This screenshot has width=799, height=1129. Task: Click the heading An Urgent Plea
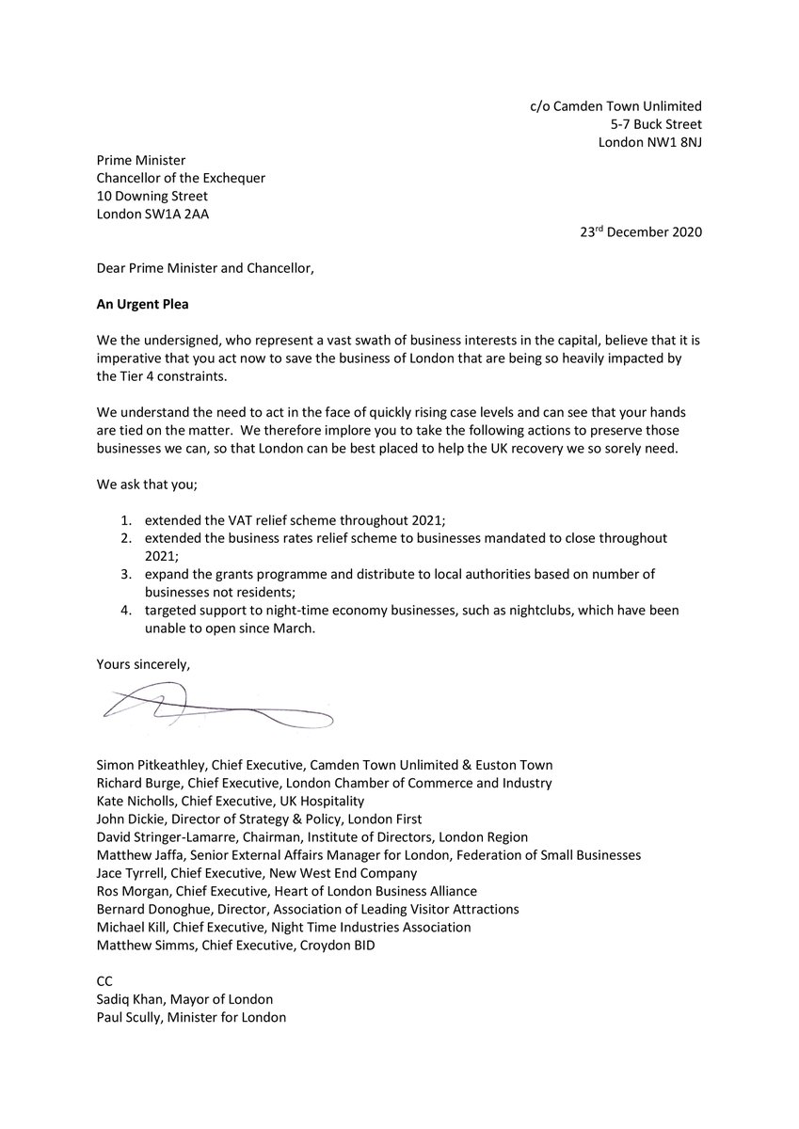[x=144, y=303]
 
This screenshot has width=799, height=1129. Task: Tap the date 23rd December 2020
[x=640, y=231]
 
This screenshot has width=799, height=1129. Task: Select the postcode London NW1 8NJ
[x=650, y=143]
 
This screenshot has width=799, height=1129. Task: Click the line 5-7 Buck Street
[x=655, y=124]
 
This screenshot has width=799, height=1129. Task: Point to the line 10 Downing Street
[x=152, y=196]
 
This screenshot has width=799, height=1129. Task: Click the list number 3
[x=125, y=574]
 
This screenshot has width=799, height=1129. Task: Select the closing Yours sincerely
[x=143, y=664]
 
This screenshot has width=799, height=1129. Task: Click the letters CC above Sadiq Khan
[x=104, y=981]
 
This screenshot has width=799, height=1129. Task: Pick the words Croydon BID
[x=339, y=945]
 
